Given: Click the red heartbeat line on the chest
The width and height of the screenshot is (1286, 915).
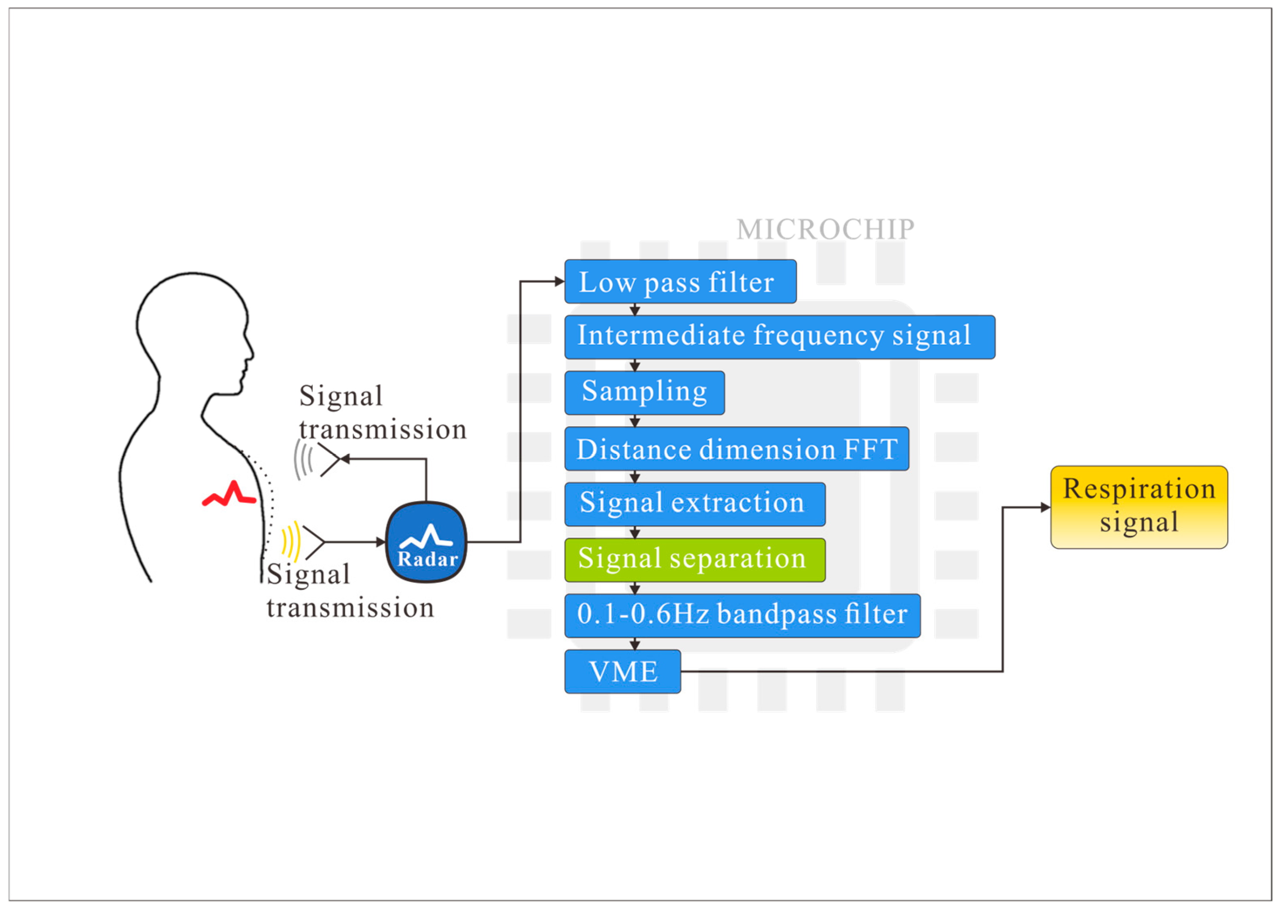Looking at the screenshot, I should coord(229,495).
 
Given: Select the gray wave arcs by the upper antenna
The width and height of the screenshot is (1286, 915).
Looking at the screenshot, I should coord(303,460).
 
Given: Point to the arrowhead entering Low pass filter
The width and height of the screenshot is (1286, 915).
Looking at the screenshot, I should coord(560,281).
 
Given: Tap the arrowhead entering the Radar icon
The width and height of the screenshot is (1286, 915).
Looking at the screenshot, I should coord(381,542).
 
